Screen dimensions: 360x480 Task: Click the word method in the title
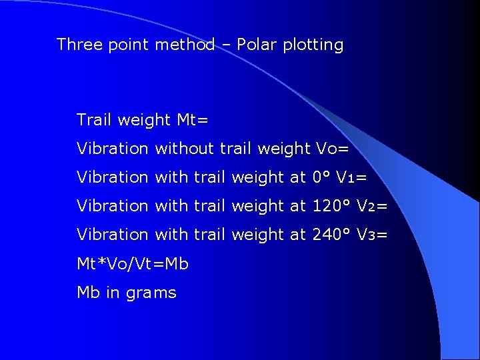click(x=185, y=45)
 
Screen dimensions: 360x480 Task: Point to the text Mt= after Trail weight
click(x=193, y=120)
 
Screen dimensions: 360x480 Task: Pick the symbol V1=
click(x=351, y=177)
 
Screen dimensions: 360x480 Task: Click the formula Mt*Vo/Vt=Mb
click(x=133, y=263)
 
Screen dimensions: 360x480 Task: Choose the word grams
click(x=151, y=293)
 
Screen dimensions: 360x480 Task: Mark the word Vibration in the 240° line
click(x=112, y=235)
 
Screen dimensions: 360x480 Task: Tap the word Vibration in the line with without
click(x=112, y=149)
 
